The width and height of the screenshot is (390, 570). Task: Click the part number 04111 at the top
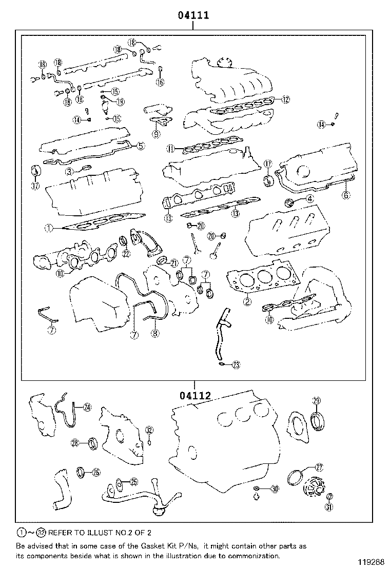click(193, 15)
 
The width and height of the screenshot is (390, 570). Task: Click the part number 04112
click(195, 395)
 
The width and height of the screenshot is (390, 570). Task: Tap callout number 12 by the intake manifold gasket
click(285, 99)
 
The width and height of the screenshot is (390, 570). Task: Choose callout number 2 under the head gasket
click(247, 302)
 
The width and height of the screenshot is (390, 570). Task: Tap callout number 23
click(236, 364)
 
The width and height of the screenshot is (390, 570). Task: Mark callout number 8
click(155, 333)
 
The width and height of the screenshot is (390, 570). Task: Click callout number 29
click(316, 401)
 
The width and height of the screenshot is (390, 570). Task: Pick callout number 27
click(319, 467)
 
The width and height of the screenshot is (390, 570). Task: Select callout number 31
click(329, 507)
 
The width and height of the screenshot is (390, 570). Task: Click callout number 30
click(275, 490)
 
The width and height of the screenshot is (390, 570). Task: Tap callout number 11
click(171, 149)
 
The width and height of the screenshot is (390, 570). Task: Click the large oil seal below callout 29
click(317, 421)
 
